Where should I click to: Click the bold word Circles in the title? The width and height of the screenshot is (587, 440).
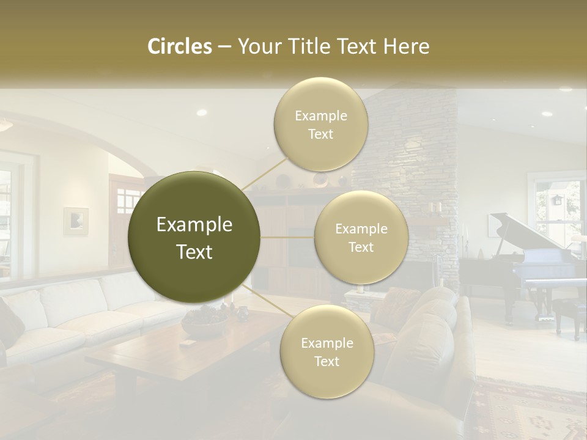(x=180, y=46)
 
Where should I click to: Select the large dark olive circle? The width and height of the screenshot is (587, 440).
(x=194, y=237)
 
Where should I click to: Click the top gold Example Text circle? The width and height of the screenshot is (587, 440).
(x=321, y=124)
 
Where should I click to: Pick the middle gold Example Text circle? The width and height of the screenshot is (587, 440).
(x=361, y=237)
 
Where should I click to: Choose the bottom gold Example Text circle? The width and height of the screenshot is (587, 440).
(x=327, y=351)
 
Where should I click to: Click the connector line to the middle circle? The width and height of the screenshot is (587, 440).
(x=287, y=237)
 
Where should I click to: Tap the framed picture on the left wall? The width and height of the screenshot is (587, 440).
(x=76, y=221)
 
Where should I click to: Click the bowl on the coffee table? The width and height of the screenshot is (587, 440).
(x=205, y=324)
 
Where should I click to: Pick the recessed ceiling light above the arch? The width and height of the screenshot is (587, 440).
(x=201, y=112)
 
